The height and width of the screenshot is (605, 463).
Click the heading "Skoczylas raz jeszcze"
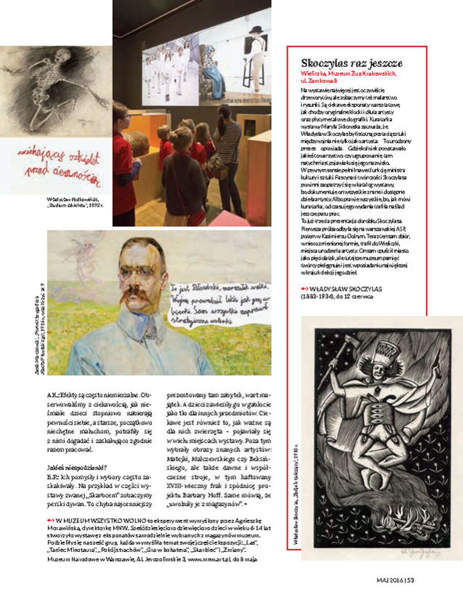coord(352,63)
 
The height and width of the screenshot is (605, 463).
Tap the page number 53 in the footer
coord(410,580)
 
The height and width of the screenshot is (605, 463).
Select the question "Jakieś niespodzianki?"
coord(77,467)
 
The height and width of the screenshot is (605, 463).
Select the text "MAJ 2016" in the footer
coord(389,580)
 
